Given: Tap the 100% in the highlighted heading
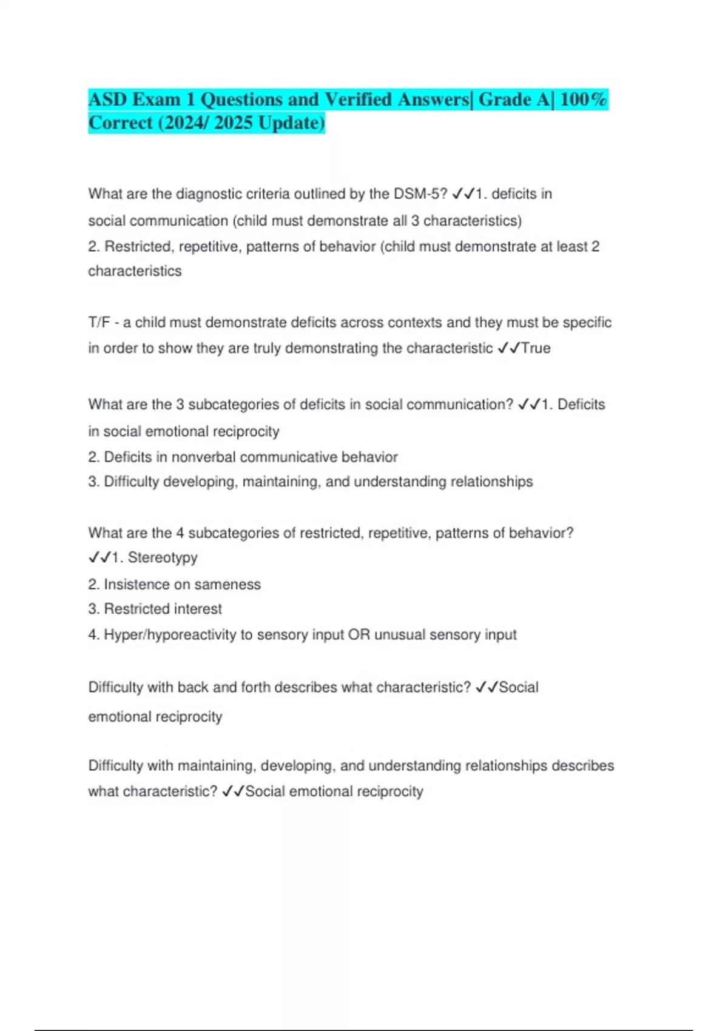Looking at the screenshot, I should point(583,99).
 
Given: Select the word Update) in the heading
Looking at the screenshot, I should point(291,123).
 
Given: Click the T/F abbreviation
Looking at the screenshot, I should point(99,322).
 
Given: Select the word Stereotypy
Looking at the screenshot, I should point(163,557).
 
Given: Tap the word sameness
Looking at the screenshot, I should point(234,584).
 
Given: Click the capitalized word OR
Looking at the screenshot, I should point(359,634).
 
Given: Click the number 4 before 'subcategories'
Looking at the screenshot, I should point(180,533).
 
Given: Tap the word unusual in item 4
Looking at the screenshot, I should point(400,634).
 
